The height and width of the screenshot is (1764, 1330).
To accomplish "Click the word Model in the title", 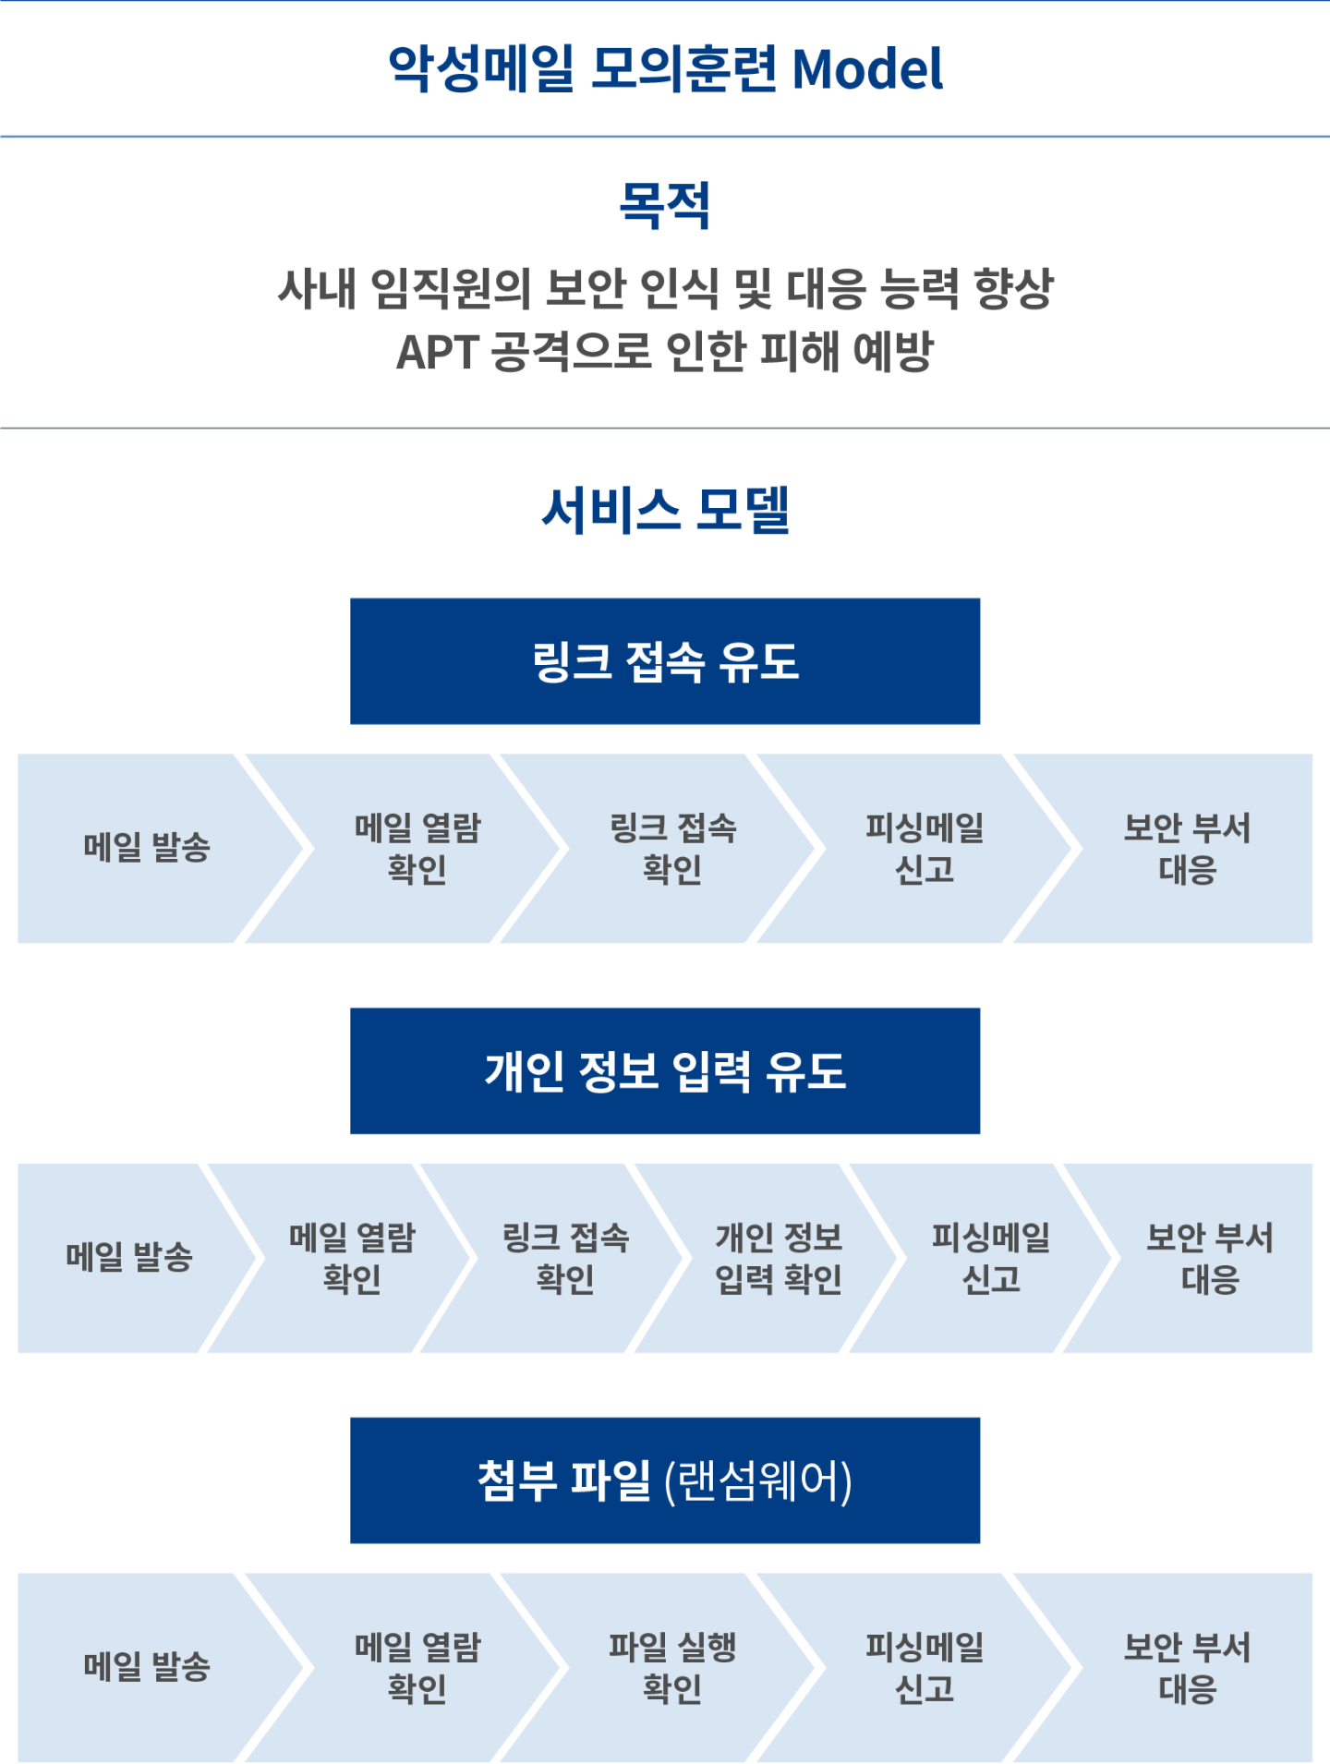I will (x=867, y=69).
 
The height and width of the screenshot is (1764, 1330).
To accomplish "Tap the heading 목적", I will (x=664, y=205).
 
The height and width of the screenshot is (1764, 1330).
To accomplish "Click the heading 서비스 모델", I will (x=665, y=510).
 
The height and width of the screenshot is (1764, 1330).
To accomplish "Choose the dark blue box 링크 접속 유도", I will (x=665, y=661).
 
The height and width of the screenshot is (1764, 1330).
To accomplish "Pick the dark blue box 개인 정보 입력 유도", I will (x=665, y=1071).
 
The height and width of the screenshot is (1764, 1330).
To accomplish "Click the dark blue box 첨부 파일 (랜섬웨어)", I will (x=665, y=1480).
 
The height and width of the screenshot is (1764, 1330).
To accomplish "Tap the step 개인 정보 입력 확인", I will (x=778, y=1258).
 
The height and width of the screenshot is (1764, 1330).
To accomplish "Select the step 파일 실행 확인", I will (x=671, y=1668).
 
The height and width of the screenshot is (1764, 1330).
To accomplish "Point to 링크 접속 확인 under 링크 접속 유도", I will (x=672, y=848).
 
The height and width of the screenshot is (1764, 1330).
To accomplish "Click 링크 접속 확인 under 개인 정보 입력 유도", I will (x=564, y=1258).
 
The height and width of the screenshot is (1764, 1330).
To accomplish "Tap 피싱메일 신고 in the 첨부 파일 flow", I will (x=925, y=1668).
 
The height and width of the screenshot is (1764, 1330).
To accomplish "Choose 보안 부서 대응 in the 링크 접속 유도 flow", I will (x=1187, y=848).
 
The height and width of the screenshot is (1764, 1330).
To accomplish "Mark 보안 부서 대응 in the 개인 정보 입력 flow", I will (x=1209, y=1258).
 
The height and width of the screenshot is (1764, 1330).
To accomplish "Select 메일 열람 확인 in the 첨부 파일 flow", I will (x=417, y=1668).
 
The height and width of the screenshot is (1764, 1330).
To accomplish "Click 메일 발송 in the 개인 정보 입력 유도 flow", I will (x=128, y=1257).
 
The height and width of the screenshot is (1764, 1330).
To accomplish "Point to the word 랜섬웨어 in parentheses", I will (x=758, y=1481).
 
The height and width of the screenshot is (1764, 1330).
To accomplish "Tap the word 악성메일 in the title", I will (x=480, y=69).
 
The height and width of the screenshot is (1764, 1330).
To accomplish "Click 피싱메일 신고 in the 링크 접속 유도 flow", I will (x=925, y=848).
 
